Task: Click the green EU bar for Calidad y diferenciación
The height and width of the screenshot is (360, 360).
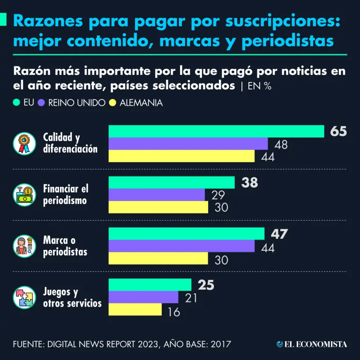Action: (217, 132)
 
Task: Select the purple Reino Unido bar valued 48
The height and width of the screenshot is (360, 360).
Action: (188, 144)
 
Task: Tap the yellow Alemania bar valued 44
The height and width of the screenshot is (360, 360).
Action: (181, 156)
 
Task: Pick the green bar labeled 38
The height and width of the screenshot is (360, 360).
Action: (172, 182)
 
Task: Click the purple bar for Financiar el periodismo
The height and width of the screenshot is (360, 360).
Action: (157, 195)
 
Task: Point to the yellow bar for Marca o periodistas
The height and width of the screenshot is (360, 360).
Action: (158, 258)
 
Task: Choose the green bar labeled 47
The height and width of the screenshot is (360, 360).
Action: (187, 233)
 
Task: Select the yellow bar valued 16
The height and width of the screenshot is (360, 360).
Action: (135, 309)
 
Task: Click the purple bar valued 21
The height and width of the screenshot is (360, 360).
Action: (143, 297)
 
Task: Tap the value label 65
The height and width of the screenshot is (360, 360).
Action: (338, 132)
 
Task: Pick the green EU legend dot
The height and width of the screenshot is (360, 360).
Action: (17, 102)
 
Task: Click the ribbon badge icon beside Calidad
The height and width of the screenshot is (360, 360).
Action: (24, 143)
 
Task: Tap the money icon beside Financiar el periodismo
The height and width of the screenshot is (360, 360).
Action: (24, 195)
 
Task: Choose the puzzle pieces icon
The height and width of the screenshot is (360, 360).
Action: (24, 297)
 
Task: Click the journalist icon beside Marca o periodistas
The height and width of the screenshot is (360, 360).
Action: (24, 246)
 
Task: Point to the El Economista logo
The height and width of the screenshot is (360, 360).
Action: (312, 345)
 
